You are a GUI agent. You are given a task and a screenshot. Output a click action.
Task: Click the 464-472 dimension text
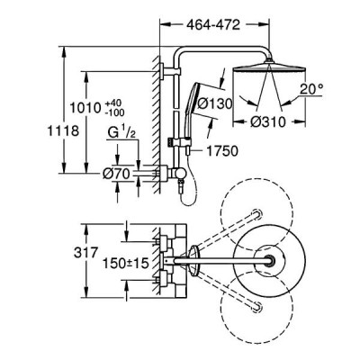pos(213,25)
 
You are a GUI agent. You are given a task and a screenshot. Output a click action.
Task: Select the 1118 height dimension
pos(63,130)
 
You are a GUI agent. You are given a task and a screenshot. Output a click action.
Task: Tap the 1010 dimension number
pos(85,107)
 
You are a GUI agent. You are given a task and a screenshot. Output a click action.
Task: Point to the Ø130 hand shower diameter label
pos(215,103)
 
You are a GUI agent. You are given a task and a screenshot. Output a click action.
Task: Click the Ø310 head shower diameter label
pos(267,121)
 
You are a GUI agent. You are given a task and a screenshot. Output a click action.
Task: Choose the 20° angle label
pos(311,89)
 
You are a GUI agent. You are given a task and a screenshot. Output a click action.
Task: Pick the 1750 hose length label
pos(222,151)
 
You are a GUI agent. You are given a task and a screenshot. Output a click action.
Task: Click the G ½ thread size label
pos(121,133)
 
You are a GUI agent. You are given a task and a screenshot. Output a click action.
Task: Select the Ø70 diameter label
pos(116,174)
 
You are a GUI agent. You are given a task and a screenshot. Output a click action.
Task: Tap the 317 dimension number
pos(85,252)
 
